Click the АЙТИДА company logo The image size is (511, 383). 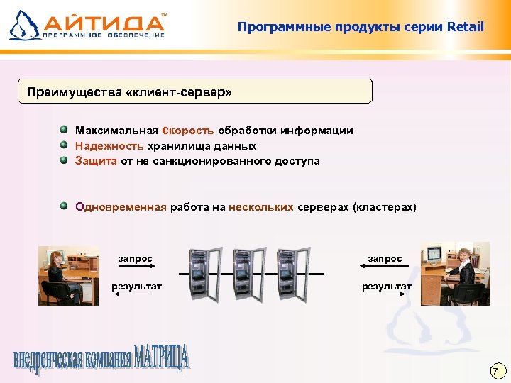[88, 24]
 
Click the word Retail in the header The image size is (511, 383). [466, 27]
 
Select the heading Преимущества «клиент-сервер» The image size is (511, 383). [129, 92]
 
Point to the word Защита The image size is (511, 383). [96, 161]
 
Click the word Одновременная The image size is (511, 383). [121, 207]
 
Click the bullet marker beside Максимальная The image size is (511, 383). [64, 130]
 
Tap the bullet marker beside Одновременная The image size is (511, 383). [64, 206]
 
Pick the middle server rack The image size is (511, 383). [249, 274]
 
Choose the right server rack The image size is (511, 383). [293, 274]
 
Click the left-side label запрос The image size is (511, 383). [135, 258]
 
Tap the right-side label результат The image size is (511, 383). [387, 286]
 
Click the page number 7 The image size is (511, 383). [497, 371]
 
